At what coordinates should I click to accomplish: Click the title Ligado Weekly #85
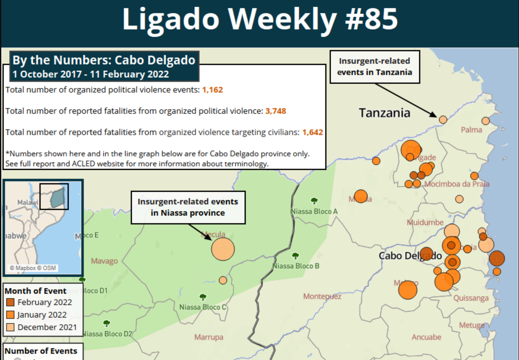click(259, 19)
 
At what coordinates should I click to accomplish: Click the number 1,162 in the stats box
click(212, 90)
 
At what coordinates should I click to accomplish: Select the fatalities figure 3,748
click(275, 111)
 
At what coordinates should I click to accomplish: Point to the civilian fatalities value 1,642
click(312, 132)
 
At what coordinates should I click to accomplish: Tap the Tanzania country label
click(384, 113)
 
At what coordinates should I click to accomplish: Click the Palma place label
click(471, 130)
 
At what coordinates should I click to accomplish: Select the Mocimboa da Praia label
click(457, 184)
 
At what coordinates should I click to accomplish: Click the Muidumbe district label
click(425, 222)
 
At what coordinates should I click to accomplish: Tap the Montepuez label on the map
click(322, 296)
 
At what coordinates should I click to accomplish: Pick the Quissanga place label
click(471, 298)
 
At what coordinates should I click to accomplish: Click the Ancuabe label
click(426, 337)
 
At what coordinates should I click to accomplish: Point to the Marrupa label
click(209, 337)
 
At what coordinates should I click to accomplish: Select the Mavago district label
click(104, 261)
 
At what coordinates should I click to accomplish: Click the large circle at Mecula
click(223, 249)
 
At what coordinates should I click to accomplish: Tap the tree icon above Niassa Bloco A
click(314, 201)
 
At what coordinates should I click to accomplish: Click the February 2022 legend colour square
click(11, 302)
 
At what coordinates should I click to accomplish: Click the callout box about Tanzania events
click(375, 67)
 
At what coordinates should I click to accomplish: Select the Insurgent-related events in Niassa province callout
click(188, 207)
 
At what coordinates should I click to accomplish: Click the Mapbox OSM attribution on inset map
click(33, 268)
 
